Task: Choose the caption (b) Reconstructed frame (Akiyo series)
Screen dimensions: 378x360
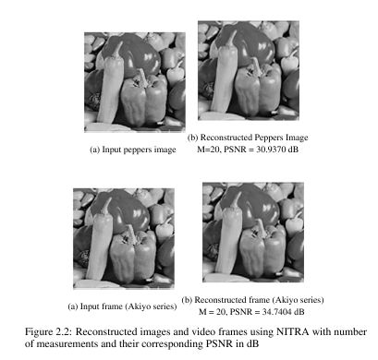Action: tap(253, 300)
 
